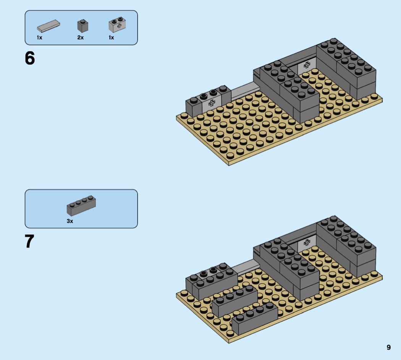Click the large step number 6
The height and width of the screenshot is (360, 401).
[x=30, y=58]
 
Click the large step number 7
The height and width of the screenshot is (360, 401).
[x=29, y=241]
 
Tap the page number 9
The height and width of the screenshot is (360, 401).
[x=388, y=347]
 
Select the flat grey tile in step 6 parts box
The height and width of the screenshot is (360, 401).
[x=49, y=26]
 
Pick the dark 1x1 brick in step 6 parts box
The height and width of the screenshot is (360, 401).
[x=82, y=26]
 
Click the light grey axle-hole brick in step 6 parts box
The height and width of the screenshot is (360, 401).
[x=118, y=25]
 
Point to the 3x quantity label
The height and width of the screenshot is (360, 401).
[x=70, y=221]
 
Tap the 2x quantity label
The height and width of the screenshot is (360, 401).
[x=80, y=37]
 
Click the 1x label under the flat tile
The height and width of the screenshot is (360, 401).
[x=39, y=37]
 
